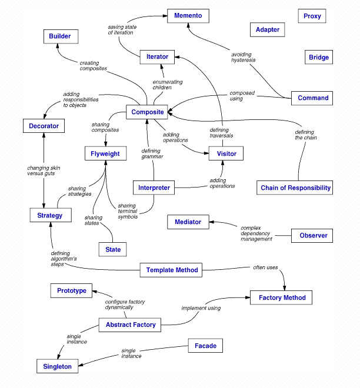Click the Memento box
coord(188,16)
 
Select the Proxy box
coord(312,16)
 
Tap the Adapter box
coord(268,29)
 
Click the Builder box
coord(59,36)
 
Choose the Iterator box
coord(157,57)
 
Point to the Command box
coord(312,98)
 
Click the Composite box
coord(147,112)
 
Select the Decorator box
coord(44,126)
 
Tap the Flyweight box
coord(105,154)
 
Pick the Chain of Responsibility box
coord(295,188)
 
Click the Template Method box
coord(171,270)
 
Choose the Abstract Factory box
coord(131,325)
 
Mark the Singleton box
coord(58,367)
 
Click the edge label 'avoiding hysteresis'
coord(243,57)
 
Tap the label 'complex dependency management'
coord(257,233)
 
